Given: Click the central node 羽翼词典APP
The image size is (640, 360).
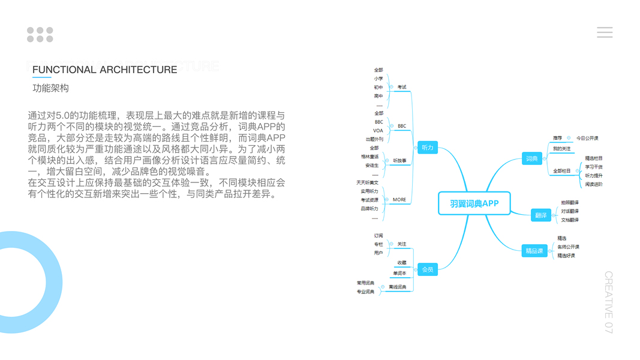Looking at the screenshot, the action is tap(474, 203).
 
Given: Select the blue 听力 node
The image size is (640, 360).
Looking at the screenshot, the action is tap(427, 148).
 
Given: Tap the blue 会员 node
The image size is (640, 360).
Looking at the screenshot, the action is tap(427, 269).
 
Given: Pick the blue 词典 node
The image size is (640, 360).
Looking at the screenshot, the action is tap(531, 159).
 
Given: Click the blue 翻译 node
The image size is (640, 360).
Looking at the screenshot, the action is tap(540, 215).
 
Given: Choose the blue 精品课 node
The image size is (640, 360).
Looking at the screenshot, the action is tap(534, 251).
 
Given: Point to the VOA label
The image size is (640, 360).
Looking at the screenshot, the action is tap(378, 130).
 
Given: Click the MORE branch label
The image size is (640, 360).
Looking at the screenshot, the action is tap(399, 200).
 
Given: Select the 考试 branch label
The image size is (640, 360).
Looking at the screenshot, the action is tap(402, 87).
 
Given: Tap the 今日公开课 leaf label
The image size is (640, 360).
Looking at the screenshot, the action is tap(587, 138).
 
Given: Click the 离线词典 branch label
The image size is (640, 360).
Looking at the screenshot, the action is tap(397, 287).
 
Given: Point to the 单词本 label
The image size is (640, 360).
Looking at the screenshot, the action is tap(399, 273).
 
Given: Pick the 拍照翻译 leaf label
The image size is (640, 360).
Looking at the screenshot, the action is tap(570, 203).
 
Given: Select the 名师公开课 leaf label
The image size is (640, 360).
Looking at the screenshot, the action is tap(568, 247).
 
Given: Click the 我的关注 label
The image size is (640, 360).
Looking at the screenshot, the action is tap(562, 148).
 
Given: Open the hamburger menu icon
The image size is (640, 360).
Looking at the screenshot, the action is tap(605, 32).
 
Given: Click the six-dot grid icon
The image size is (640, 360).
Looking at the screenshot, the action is tap(40, 35).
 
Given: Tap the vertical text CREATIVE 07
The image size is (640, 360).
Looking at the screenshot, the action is tap(608, 302).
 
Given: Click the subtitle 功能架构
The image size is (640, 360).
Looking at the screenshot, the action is tap(50, 88).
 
